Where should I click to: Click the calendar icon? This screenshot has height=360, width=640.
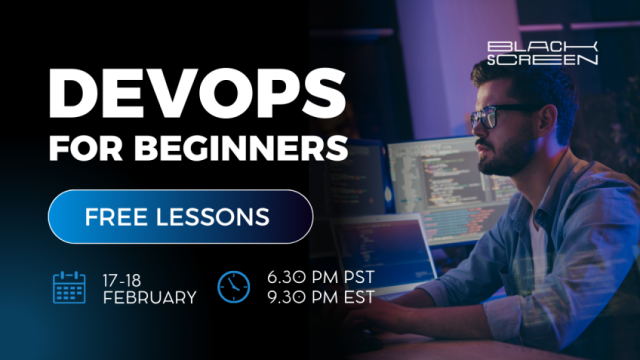pyautogui.click(x=70, y=286)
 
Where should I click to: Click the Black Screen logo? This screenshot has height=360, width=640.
pyautogui.click(x=542, y=53)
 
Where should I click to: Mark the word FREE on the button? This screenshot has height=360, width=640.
pyautogui.click(x=118, y=216)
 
